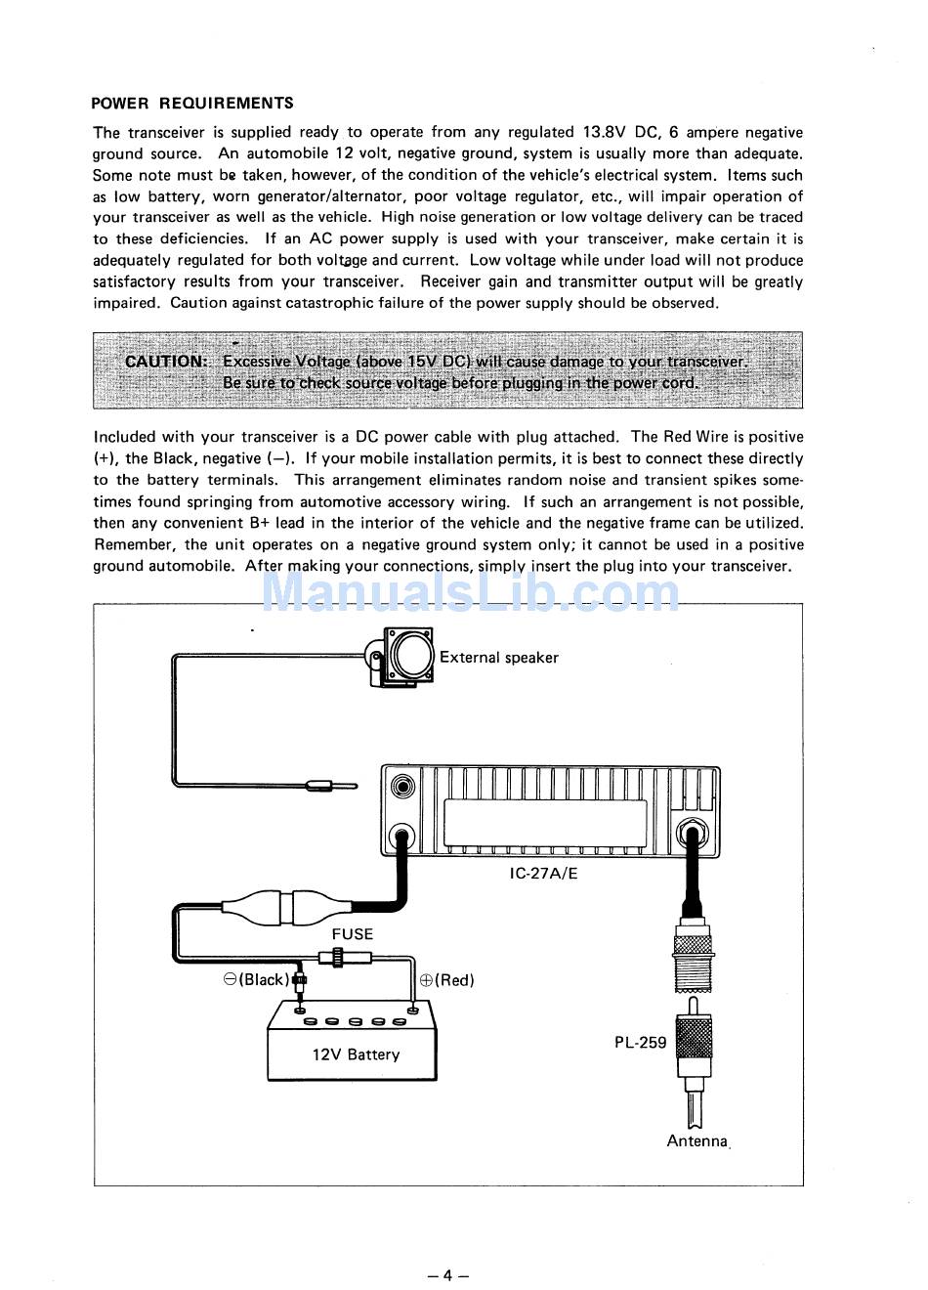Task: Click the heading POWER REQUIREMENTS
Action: point(191,103)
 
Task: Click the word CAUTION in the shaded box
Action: point(166,361)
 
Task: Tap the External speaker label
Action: point(498,658)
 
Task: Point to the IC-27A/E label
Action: point(543,873)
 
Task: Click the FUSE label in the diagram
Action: point(352,934)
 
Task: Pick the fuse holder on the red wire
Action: point(338,958)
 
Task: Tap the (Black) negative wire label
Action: point(257,980)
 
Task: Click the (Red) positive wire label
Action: point(447,980)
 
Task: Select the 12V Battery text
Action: point(356,1054)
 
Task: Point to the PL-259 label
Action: point(640,1042)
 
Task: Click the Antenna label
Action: point(697,1140)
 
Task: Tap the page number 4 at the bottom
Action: point(447,1274)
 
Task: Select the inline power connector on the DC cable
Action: point(279,906)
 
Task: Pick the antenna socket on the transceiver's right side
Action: point(693,837)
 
